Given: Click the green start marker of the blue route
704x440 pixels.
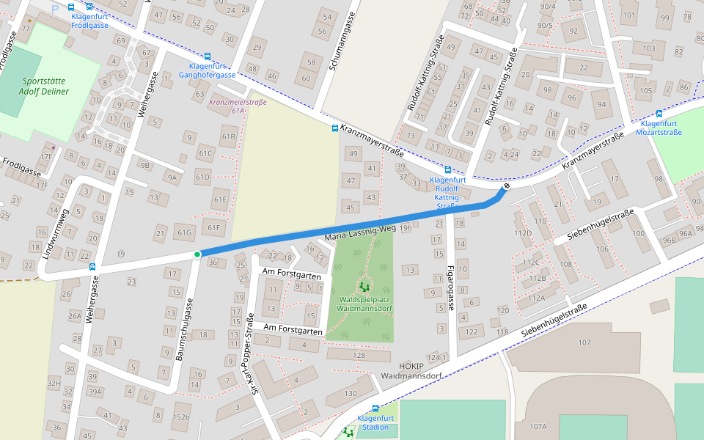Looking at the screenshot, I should tap(197, 254).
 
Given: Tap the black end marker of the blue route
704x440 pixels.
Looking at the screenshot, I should tap(505, 188).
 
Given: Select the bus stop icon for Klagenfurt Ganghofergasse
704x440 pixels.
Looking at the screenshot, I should tap(208, 56).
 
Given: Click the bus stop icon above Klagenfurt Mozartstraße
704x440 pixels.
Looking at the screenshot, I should tap(659, 114).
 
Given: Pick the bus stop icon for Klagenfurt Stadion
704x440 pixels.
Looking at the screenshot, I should tap(375, 408).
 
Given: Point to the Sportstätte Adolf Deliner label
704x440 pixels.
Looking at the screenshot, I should tap(45, 87).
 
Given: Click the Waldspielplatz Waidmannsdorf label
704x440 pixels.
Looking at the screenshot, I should tap(363, 304).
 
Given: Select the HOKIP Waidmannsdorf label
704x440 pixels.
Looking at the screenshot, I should tap(410, 370).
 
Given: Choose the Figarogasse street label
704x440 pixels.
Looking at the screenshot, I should tap(450, 287).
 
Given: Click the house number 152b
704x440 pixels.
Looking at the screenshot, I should tap(180, 417).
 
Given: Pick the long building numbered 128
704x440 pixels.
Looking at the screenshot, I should tap(359, 356).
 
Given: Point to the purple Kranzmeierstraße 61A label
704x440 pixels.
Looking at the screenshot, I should tap(238, 106).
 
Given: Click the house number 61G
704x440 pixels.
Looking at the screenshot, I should tap(184, 233).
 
